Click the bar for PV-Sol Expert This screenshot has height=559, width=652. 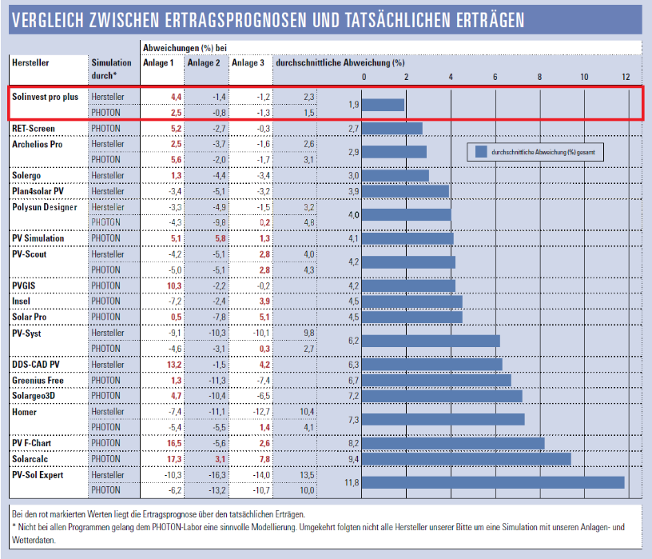[x=493, y=482]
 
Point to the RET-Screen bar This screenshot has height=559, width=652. [x=392, y=128]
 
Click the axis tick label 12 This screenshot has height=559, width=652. [x=626, y=77]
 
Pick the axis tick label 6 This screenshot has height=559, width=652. [x=495, y=77]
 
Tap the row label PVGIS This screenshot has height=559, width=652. [x=26, y=285]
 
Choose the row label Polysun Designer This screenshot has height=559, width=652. [x=45, y=207]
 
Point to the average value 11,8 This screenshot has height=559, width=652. [x=351, y=482]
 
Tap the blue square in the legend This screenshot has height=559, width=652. [x=481, y=151]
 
